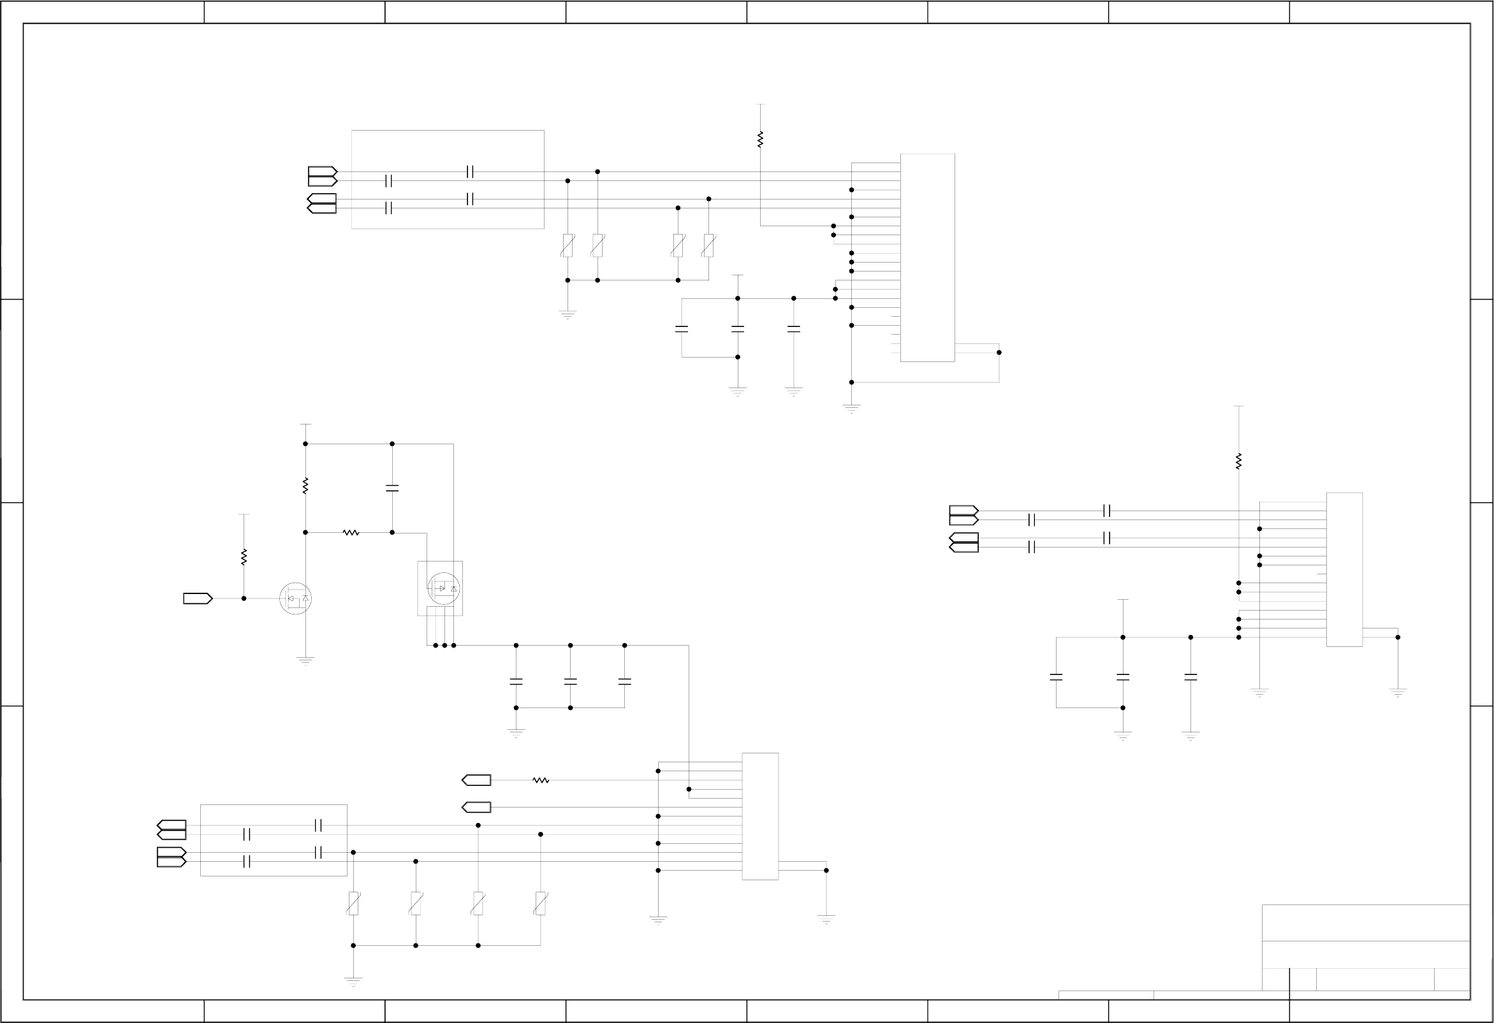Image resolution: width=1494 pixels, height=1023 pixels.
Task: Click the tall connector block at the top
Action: point(927,257)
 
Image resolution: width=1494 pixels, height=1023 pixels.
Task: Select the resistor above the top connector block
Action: point(760,139)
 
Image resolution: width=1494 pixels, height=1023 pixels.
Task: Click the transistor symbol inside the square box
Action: point(443,588)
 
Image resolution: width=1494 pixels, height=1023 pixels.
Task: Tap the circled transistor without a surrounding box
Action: point(295,599)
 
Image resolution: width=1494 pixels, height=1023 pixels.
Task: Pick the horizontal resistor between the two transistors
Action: point(350,532)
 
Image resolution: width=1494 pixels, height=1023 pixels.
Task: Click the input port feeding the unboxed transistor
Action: point(198,599)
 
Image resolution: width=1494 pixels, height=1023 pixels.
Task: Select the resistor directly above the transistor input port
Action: point(244,556)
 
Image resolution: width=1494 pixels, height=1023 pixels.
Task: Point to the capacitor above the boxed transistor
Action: point(392,488)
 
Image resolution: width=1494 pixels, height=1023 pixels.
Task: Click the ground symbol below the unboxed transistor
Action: point(305,660)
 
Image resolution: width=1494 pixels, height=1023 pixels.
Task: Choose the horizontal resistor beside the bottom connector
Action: point(541,780)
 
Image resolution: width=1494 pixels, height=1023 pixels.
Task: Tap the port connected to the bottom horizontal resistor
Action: point(476,780)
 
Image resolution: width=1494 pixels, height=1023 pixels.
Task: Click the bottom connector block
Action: point(760,816)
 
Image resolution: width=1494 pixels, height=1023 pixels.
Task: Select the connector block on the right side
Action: point(1344,569)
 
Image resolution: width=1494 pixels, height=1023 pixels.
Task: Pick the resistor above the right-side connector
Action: point(1239,461)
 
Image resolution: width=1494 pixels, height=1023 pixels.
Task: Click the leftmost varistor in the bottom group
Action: point(353,903)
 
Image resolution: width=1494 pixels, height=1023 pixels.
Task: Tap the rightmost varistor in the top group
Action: point(708,245)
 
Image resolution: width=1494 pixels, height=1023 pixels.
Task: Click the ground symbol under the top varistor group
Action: point(568,314)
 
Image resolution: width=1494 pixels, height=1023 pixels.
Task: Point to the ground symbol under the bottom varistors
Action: point(353,981)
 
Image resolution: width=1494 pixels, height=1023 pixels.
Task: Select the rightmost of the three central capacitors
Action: point(624,681)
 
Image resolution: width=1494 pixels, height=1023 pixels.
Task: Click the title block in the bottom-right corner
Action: point(1365,952)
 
